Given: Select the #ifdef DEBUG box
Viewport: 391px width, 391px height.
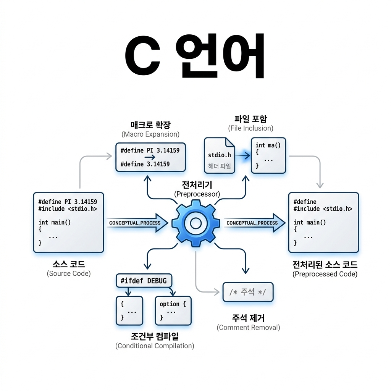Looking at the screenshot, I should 144,281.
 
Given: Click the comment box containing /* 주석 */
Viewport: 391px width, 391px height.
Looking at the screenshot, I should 247,292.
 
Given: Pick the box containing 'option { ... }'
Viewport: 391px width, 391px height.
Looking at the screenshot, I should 173,310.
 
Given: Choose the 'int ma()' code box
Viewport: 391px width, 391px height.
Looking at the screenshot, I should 268,155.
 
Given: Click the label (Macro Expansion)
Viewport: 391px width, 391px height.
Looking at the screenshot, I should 150,134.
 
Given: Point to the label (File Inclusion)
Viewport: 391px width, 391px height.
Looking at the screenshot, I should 250,128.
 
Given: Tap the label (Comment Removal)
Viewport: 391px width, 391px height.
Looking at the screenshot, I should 248,328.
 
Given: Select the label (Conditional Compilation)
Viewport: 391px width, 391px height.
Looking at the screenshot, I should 155,346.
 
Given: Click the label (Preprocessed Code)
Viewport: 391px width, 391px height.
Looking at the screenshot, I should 325,274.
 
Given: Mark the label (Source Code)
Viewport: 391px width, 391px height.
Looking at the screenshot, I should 69,273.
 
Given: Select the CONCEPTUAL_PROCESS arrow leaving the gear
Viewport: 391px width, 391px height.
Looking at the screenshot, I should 254,223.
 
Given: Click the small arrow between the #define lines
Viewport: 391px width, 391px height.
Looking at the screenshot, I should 150,157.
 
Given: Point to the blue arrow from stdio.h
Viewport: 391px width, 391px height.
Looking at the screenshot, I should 242,155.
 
